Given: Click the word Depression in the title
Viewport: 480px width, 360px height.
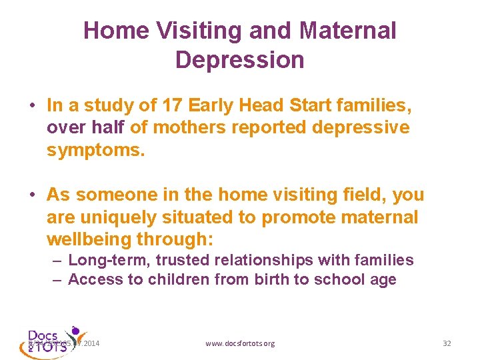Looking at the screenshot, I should click(239, 59).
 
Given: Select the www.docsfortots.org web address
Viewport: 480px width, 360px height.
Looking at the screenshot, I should click(240, 343).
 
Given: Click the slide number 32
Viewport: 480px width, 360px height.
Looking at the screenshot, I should click(447, 343).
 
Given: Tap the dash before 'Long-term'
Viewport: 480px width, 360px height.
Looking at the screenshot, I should click(58, 261).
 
